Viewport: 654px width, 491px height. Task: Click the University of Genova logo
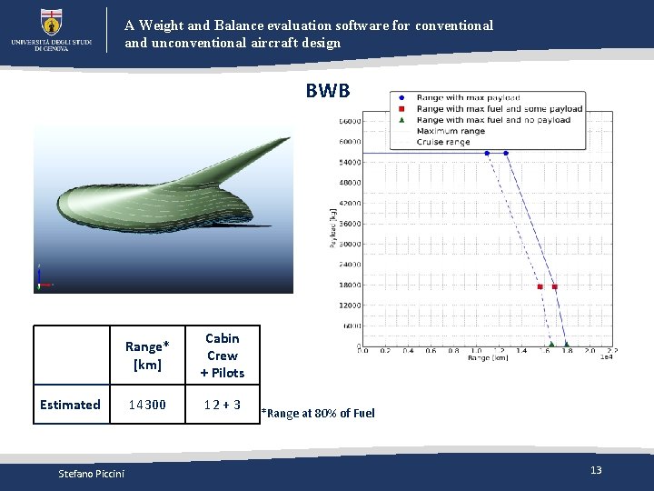(52, 29)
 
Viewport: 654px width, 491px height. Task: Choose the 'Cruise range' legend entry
(444, 142)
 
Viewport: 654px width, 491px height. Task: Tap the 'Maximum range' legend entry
(451, 131)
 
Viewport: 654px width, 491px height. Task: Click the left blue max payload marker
(487, 153)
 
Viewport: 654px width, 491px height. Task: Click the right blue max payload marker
(506, 153)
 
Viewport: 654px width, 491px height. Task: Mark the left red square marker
(540, 286)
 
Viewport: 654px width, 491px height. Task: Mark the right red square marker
(555, 286)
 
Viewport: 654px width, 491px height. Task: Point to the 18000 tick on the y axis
(350, 285)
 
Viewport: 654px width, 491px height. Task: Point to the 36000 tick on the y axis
(350, 224)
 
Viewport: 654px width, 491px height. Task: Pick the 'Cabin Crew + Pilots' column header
(222, 356)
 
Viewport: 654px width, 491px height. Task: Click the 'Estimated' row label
(70, 405)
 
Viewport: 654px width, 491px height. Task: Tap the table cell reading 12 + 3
(222, 405)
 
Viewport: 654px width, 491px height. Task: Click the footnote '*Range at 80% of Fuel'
(318, 414)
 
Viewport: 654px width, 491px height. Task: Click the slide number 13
(596, 470)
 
